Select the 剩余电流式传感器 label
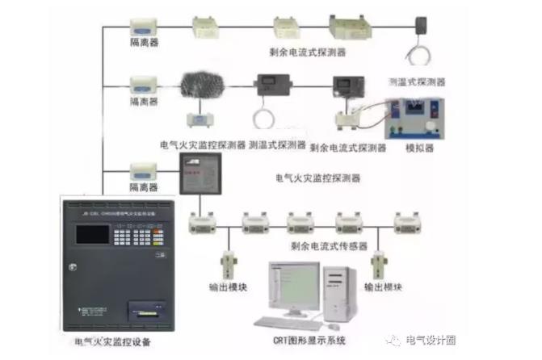click(x=329, y=245)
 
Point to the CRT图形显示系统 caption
click(x=308, y=341)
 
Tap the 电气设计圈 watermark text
click(x=431, y=340)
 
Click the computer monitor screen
click(x=295, y=284)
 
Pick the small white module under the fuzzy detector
click(x=198, y=120)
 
